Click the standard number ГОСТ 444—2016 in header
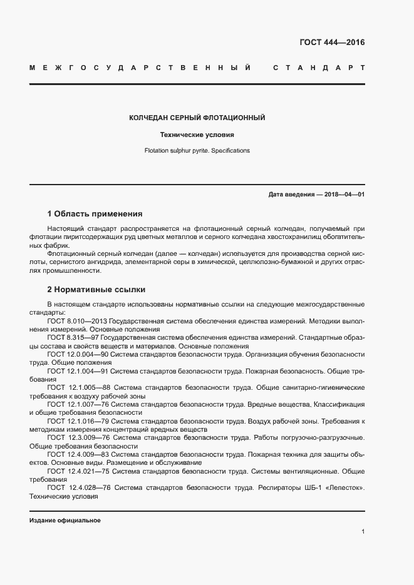coord(332,43)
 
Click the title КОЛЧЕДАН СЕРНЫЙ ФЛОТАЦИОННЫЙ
coord(197,118)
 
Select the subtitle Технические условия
coord(197,135)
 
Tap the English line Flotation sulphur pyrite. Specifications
coord(197,151)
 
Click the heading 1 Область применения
coord(95,213)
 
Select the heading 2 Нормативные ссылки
coord(96,290)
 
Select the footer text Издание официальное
coord(65,521)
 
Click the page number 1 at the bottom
coord(363,532)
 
